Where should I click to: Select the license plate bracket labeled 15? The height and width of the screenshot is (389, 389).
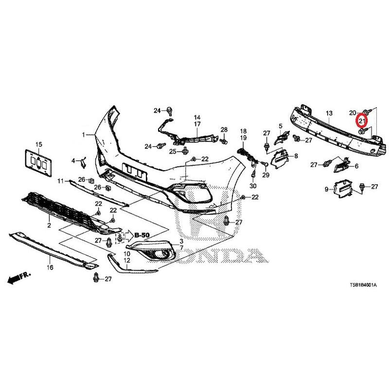pyautogui.click(x=38, y=163)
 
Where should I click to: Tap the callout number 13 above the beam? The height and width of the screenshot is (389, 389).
pyautogui.click(x=329, y=114)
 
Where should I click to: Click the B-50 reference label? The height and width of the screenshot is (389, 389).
pyautogui.click(x=142, y=235)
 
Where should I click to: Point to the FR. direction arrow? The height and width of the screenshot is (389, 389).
pyautogui.click(x=19, y=278)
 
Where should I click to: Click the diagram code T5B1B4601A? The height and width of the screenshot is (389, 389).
pyautogui.click(x=363, y=285)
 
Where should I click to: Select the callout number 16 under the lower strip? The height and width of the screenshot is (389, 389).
pyautogui.click(x=50, y=267)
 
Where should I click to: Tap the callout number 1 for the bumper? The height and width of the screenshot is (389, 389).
pyautogui.click(x=84, y=135)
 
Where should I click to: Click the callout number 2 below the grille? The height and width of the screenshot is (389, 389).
pyautogui.click(x=49, y=225)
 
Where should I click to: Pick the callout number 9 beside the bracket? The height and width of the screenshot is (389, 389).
pyautogui.click(x=326, y=189)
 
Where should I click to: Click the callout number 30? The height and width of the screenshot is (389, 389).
pyautogui.click(x=253, y=186)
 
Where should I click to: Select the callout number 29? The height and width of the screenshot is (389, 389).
pyautogui.click(x=265, y=175)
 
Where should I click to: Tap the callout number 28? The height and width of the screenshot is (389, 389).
pyautogui.click(x=224, y=130)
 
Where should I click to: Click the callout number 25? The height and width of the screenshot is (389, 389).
pyautogui.click(x=173, y=151)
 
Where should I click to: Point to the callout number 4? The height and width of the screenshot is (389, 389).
pyautogui.click(x=73, y=161)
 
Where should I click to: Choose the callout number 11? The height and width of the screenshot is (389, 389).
pyautogui.click(x=60, y=181)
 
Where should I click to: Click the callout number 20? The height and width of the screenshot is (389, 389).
pyautogui.click(x=353, y=113)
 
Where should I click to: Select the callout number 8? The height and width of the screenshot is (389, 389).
pyautogui.click(x=296, y=156)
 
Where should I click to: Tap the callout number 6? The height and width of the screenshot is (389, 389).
pyautogui.click(x=357, y=166)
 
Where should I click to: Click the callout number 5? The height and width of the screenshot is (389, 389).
pyautogui.click(x=281, y=126)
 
